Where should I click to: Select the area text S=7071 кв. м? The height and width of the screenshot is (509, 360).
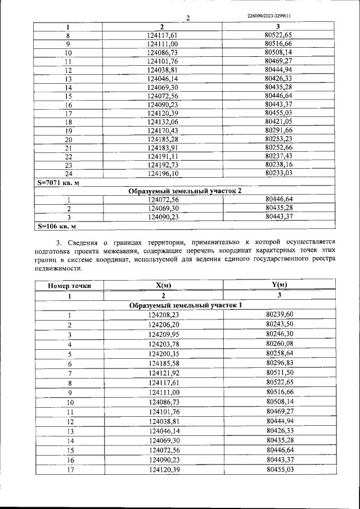pos(57,183)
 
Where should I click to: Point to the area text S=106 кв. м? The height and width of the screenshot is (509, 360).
pos(56,226)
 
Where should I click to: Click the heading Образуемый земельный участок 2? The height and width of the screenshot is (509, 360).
pos(185,191)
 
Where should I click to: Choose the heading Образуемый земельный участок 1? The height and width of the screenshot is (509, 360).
pos(185,305)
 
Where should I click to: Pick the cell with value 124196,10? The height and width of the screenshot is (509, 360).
pos(163,174)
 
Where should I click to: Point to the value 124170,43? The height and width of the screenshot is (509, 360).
pos(163,130)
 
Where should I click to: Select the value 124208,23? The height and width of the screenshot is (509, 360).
pos(163,315)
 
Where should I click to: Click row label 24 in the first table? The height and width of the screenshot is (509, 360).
pos(68,174)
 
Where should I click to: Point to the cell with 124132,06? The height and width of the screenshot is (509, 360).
pos(163,122)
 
